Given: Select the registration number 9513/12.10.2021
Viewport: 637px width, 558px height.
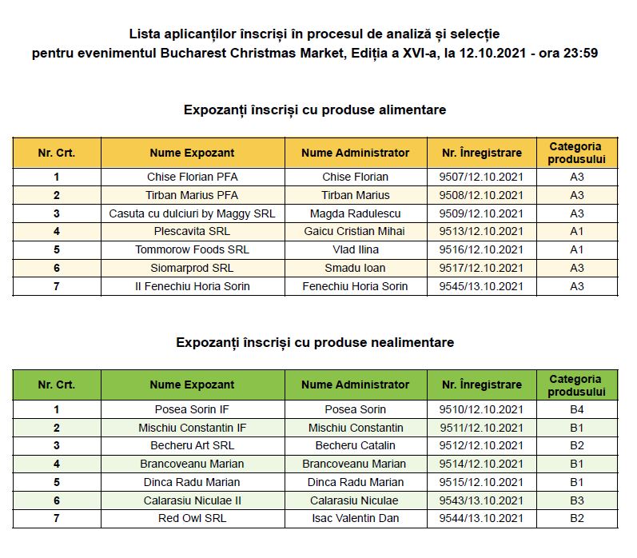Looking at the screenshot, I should click(x=481, y=231).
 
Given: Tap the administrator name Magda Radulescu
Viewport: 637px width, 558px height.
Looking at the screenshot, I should click(x=355, y=213).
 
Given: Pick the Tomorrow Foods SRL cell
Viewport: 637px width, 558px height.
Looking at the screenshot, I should click(x=192, y=249).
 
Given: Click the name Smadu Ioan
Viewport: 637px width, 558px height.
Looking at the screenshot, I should click(x=355, y=268).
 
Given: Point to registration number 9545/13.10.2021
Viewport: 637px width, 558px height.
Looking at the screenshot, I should click(x=481, y=286).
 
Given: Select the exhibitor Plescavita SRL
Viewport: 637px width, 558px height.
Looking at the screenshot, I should click(x=192, y=231).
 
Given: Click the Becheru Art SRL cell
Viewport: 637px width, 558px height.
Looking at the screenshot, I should click(x=192, y=445).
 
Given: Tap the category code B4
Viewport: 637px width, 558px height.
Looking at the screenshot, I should click(x=577, y=409).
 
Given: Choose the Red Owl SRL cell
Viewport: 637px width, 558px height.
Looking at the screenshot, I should click(x=192, y=518).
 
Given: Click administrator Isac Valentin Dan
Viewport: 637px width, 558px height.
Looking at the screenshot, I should click(x=355, y=518).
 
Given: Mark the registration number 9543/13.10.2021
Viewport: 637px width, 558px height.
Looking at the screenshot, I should click(x=481, y=500).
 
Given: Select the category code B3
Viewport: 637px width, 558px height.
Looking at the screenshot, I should click(x=577, y=500).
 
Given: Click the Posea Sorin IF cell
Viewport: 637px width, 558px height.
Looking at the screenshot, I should click(x=192, y=409).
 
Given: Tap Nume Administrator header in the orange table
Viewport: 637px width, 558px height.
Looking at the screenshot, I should click(x=355, y=153).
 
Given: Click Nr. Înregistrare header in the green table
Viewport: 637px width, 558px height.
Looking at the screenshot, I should click(x=481, y=385).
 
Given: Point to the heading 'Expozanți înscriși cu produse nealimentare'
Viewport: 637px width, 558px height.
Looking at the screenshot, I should click(x=315, y=342).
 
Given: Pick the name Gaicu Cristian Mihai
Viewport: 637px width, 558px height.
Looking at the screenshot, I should click(x=355, y=231).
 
